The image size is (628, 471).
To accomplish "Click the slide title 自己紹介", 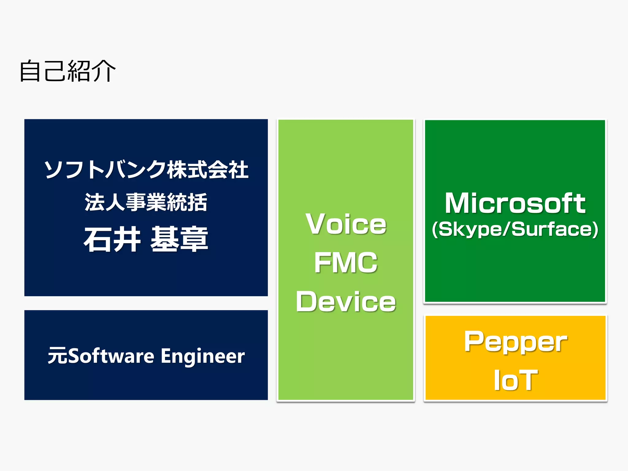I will click(x=67, y=71).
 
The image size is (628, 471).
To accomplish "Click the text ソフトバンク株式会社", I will click(x=146, y=170).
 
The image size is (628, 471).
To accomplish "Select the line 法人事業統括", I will click(x=146, y=202).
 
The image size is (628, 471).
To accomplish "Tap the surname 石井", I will click(x=112, y=239).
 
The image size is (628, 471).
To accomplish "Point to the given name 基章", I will click(x=179, y=239).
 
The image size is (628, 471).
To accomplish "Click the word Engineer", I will click(x=203, y=356).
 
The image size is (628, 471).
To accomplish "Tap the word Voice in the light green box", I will click(x=346, y=224).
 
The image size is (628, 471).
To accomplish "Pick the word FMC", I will click(x=346, y=263).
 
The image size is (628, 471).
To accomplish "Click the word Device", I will click(x=346, y=302).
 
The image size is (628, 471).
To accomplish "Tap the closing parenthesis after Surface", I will click(x=595, y=229).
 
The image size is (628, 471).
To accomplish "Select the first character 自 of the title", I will click(x=30, y=71).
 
